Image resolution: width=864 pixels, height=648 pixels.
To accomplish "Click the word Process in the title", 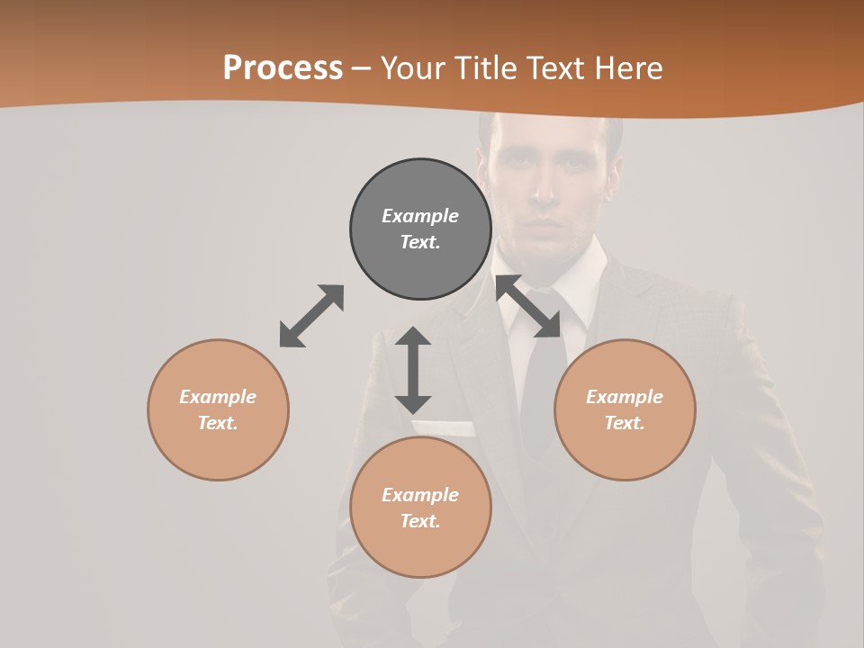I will coord(283,68).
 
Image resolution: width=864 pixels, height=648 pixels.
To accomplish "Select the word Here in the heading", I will coord(629,68).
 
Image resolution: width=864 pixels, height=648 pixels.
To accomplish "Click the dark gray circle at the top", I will coord(420,229).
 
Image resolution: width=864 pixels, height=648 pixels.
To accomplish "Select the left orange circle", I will coord(218,409).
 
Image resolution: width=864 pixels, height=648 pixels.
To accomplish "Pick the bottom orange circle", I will coord(420,508).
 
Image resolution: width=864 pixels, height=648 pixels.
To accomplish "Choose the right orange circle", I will coord(625,409).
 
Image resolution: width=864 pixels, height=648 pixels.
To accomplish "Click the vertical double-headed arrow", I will coord(413,370).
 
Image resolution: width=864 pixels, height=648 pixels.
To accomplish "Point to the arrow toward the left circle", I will coord(311,316).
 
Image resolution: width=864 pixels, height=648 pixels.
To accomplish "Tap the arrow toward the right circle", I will coord(528,307).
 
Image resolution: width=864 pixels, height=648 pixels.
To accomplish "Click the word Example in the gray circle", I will coord(420,216).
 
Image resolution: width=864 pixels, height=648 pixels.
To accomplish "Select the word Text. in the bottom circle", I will coord(420,521).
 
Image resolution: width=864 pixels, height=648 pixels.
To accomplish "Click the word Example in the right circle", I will coord(625,397).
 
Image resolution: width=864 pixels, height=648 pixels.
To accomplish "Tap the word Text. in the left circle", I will coord(218,423).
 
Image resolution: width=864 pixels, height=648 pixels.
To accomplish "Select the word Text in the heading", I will coord(558,68).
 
